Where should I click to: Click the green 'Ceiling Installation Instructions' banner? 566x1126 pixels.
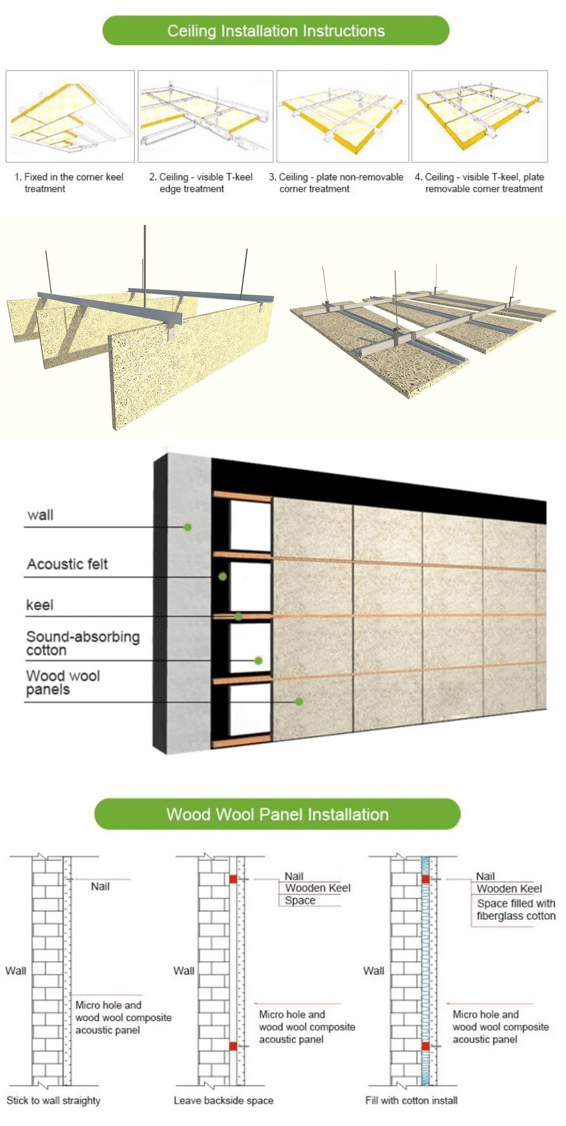276,30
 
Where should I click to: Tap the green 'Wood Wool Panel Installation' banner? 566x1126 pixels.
277,814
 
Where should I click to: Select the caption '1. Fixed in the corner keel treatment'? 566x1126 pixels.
69,183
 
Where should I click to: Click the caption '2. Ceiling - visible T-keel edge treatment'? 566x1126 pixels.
201,183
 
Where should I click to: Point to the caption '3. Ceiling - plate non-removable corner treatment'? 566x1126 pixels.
336,183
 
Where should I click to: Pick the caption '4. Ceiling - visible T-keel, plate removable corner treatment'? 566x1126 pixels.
479,183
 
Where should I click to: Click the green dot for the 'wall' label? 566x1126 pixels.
188,527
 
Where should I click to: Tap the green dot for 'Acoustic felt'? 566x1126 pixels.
222,577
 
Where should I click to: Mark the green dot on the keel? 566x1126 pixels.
238,616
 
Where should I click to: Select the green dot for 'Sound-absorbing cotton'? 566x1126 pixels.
258,660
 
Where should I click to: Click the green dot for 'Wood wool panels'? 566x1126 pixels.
299,701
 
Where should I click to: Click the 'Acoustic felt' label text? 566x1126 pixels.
68,564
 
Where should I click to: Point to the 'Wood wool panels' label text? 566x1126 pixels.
63,683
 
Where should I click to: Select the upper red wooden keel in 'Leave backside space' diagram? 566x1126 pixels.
233,879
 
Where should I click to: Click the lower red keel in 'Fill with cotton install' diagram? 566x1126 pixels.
426,1046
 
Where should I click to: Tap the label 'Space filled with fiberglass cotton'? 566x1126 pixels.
516,910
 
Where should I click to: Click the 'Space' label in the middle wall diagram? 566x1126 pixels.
300,900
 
